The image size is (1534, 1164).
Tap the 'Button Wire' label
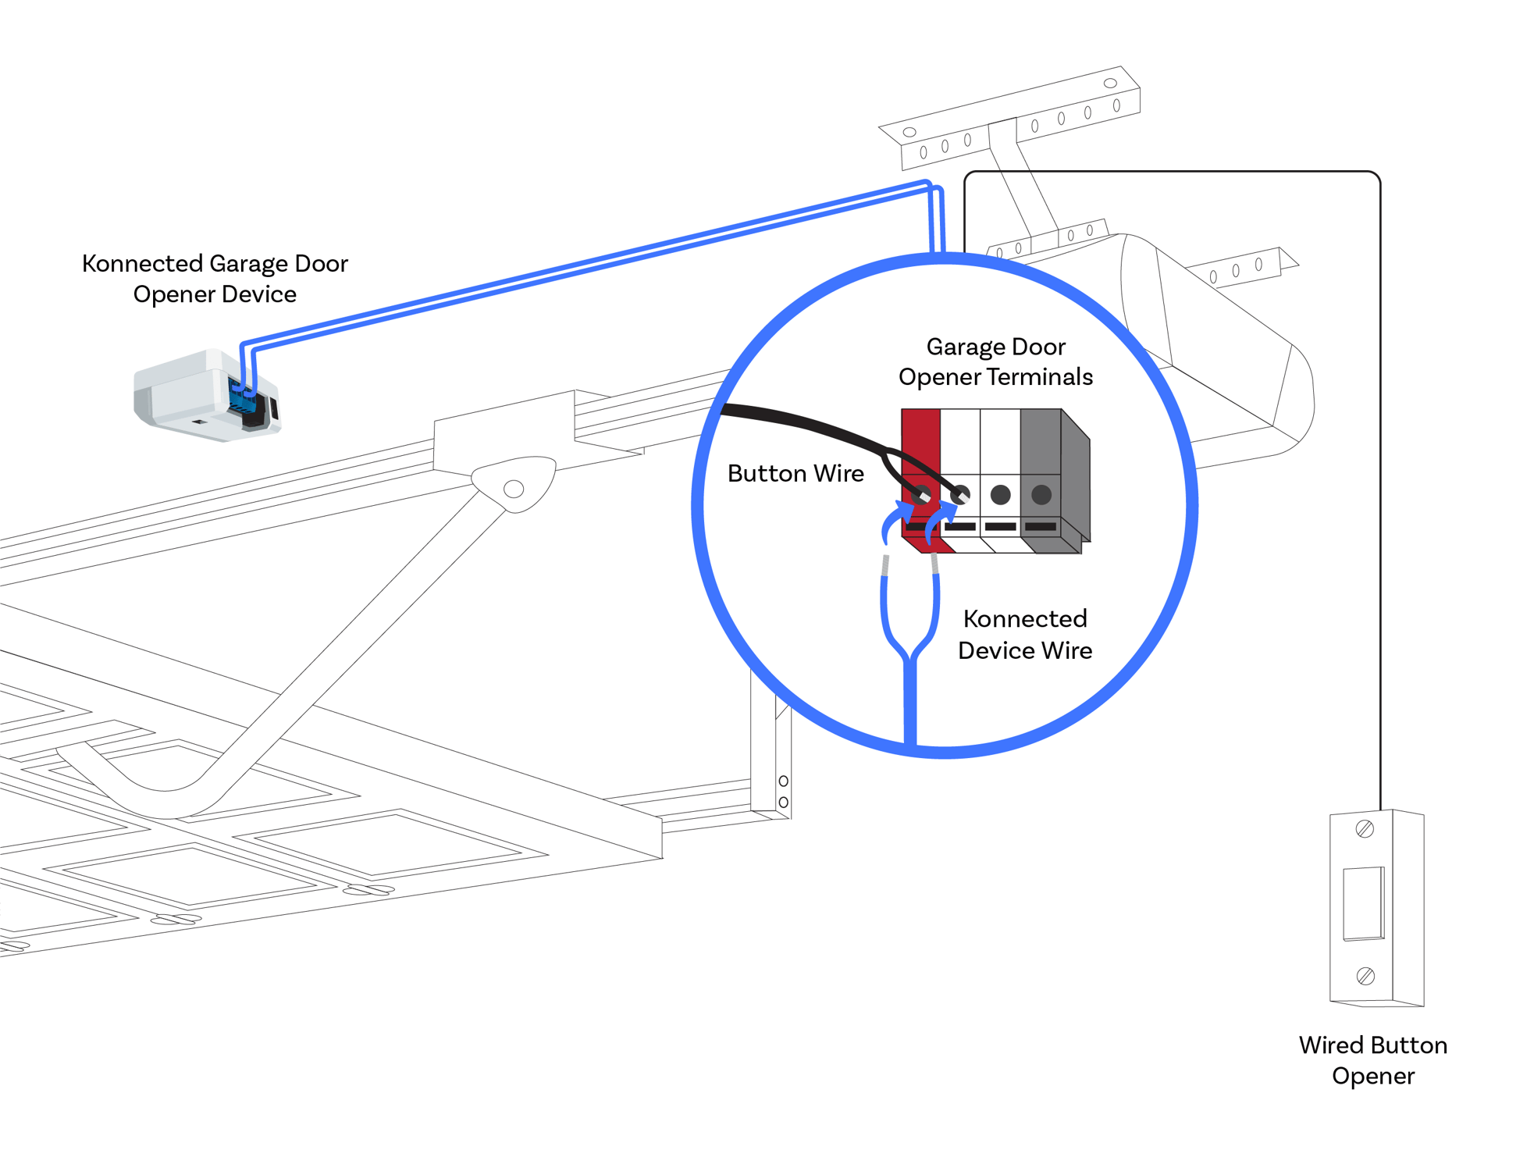(x=795, y=473)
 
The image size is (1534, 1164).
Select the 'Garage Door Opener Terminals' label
(x=995, y=361)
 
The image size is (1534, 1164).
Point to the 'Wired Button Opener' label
(x=1372, y=1059)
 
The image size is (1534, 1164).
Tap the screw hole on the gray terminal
(x=1041, y=494)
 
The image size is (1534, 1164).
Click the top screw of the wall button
(x=1364, y=829)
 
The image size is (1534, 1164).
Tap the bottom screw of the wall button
(x=1365, y=976)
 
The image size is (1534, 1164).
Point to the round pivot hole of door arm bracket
(x=514, y=489)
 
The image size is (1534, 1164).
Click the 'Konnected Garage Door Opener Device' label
(x=215, y=278)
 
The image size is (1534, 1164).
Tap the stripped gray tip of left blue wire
(x=884, y=565)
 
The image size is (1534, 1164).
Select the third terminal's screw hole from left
(x=1000, y=494)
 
